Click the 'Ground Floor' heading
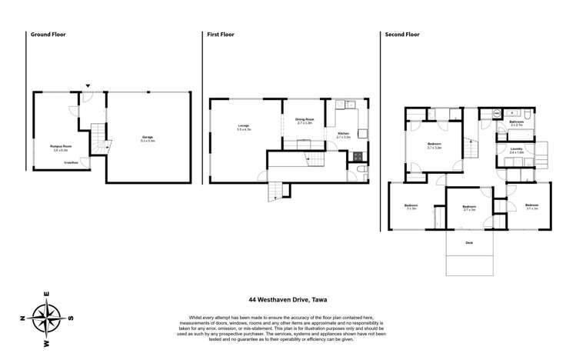coord(46,35)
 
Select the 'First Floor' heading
coord(221,35)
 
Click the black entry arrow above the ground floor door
coord(88,85)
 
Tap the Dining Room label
coord(305,119)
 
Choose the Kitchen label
coord(344,134)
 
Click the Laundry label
coord(517,149)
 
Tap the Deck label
coord(469,243)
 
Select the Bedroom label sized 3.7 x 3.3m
coord(434,145)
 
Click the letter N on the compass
coord(24,317)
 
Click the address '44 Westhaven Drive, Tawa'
coord(288,301)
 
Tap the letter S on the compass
coord(71,317)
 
